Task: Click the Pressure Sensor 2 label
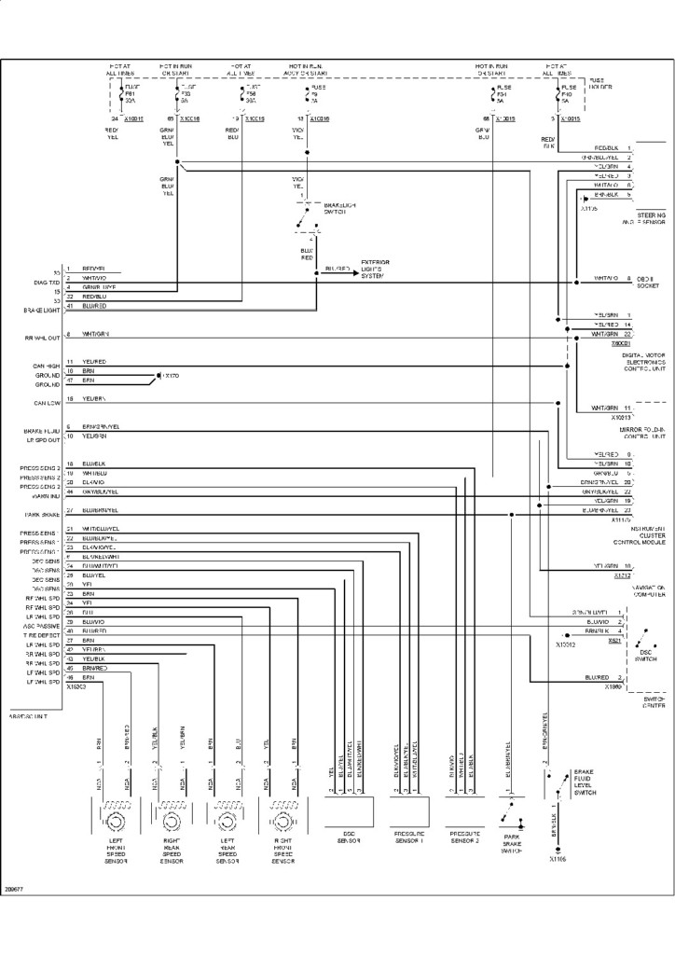[x=465, y=837]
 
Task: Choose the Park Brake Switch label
[x=512, y=846]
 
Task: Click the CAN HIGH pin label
[x=47, y=367]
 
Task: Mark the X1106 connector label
[x=558, y=859]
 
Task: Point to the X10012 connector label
[x=565, y=644]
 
